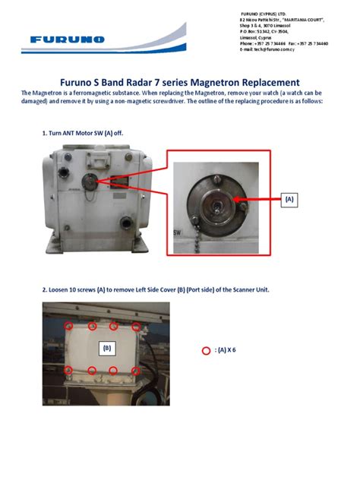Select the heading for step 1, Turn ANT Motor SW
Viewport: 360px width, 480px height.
coord(81,133)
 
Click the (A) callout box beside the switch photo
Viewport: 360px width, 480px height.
coord(289,199)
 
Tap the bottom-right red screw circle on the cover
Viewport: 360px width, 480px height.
coord(136,371)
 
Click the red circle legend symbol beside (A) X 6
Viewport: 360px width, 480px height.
coord(204,351)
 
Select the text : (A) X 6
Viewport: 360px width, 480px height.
coord(226,351)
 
